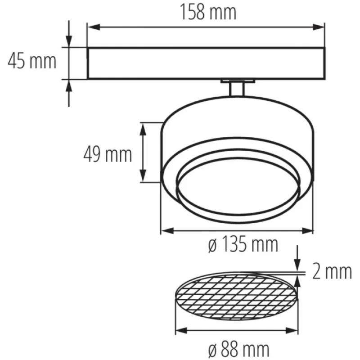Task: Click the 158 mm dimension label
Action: pos(208,12)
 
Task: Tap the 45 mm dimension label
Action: pos(32,61)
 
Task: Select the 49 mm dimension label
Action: pos(108,154)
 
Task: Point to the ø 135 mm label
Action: pos(243,244)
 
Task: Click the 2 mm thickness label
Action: pos(332,272)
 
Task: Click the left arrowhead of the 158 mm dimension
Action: pos(94,27)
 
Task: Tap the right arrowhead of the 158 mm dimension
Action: pos(318,27)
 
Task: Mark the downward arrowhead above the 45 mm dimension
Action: pos(69,41)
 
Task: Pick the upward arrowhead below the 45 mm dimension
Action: pos(69,85)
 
